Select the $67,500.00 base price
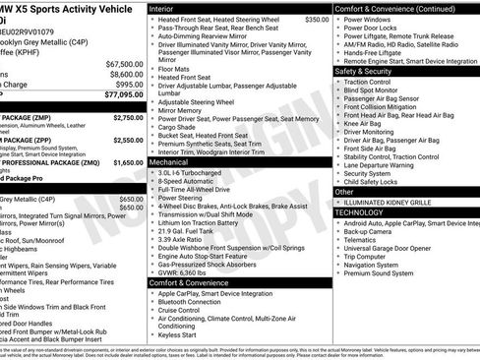coord(123,63)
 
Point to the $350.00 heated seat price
coord(317,19)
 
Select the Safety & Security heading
coord(371,71)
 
